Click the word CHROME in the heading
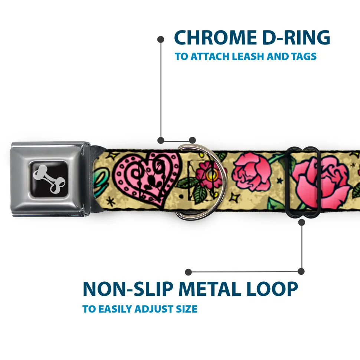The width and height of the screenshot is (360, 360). (x=215, y=37)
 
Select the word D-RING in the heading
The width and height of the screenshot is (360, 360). (x=296, y=37)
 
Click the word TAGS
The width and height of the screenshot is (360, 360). (x=304, y=56)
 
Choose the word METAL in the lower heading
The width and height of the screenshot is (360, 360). (x=209, y=289)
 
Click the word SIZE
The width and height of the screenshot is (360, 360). (x=187, y=309)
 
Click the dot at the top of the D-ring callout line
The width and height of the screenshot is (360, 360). (x=161, y=40)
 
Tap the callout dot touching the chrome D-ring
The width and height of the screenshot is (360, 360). (x=192, y=140)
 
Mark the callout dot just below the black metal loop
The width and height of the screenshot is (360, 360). (x=302, y=222)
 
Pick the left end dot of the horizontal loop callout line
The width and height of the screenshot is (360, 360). (x=188, y=272)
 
